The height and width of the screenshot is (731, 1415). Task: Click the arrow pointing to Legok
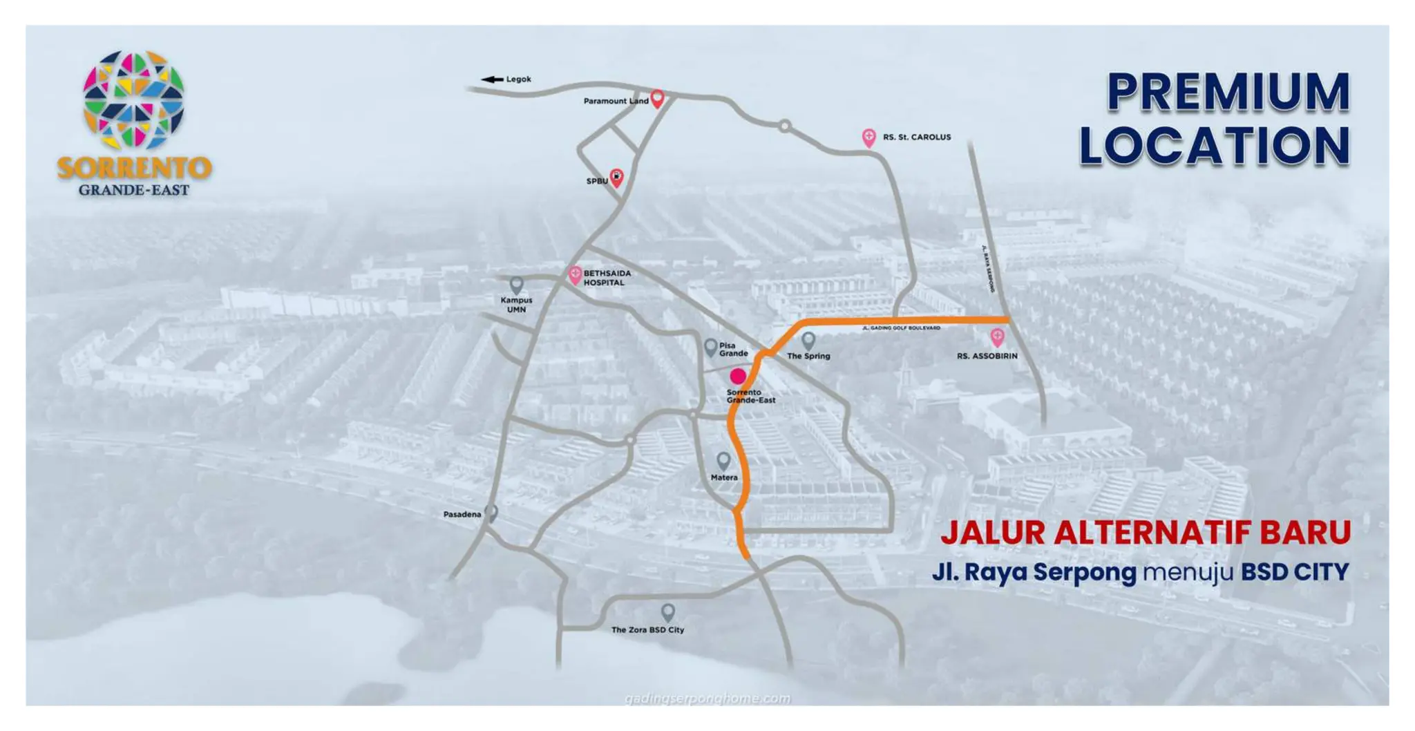[x=492, y=79]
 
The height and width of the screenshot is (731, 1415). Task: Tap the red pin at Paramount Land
[x=658, y=98]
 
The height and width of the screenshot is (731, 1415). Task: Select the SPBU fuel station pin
[x=616, y=178]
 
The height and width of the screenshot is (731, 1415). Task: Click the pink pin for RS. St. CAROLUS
[x=869, y=137]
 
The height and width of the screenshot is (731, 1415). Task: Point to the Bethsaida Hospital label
[x=607, y=278]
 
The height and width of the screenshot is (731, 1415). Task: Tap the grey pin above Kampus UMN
[x=516, y=285]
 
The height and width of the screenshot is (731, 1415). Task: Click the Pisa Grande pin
[x=710, y=348]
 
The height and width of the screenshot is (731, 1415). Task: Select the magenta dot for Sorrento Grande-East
[x=738, y=376]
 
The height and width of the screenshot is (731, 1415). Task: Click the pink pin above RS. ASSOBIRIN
[x=997, y=337]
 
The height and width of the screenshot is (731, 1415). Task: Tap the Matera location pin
[x=723, y=461]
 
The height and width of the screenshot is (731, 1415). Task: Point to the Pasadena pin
[x=491, y=513]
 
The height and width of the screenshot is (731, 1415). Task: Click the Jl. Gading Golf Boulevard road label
[x=901, y=328]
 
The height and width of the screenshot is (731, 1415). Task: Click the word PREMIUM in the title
[x=1228, y=92]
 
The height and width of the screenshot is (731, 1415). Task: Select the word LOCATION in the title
[x=1214, y=146]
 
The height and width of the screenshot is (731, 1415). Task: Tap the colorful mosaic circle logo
[x=133, y=100]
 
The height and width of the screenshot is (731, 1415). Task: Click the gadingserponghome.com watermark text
[x=707, y=699]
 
